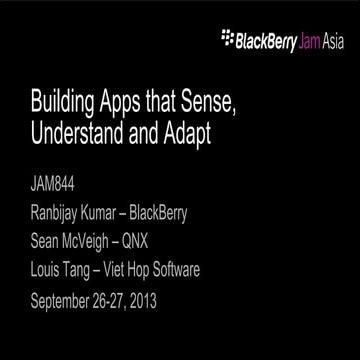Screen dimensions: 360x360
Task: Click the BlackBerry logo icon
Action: [224, 42]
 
